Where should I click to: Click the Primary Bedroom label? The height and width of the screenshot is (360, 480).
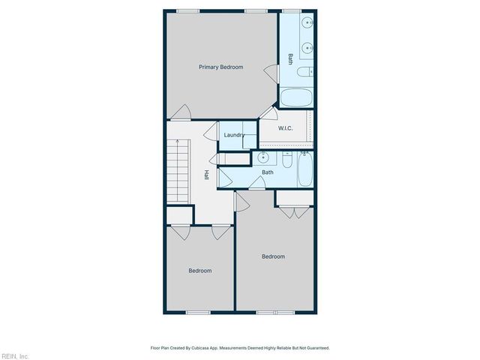click(x=220, y=67)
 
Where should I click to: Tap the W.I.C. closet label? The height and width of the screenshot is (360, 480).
click(x=285, y=128)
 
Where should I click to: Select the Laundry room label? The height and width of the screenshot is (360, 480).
click(x=235, y=135)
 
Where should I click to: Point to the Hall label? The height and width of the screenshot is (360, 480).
click(x=206, y=175)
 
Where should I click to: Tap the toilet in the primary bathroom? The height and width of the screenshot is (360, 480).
click(x=304, y=73)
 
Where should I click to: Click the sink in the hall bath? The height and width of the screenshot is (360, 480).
click(x=264, y=158)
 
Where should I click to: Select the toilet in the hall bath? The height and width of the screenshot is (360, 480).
click(x=287, y=160)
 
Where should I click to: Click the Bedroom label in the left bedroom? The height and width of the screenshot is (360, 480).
click(x=199, y=271)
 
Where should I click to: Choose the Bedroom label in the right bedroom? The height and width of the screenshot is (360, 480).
click(x=273, y=256)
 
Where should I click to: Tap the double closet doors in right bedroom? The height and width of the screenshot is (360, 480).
click(x=294, y=212)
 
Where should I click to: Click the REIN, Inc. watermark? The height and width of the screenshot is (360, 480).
click(x=15, y=355)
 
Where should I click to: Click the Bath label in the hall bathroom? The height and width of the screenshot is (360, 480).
click(x=267, y=172)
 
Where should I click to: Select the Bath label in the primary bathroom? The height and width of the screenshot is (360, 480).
click(x=290, y=58)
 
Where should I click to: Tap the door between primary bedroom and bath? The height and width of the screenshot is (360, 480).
click(x=271, y=73)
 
